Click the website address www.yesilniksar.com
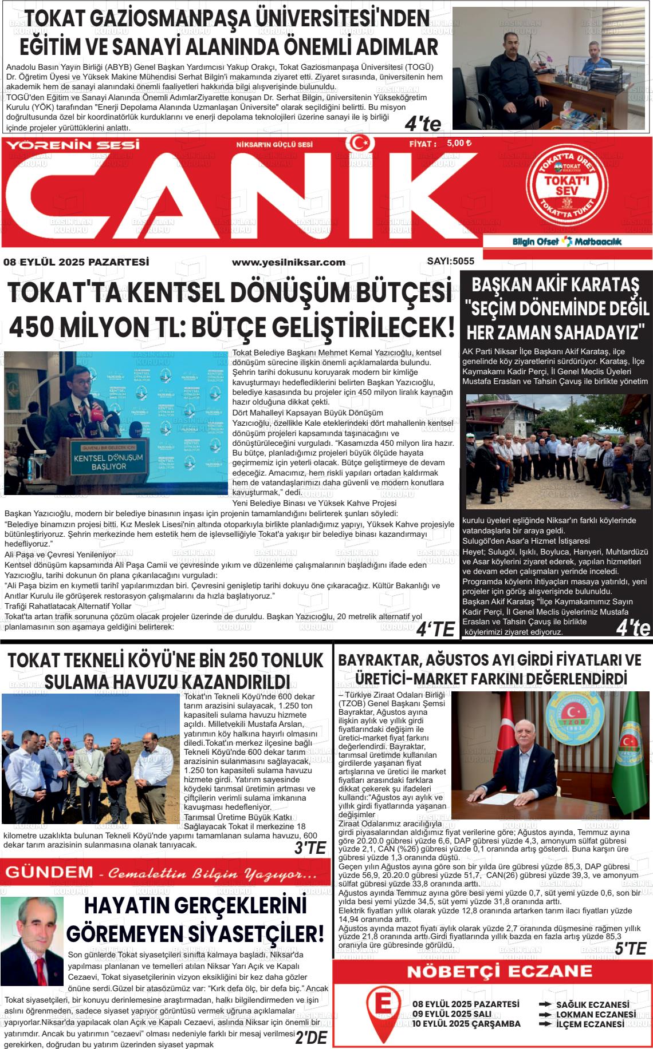(x=288, y=262)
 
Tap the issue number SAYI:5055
(x=450, y=261)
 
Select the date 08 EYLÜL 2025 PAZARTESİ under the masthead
(x=76, y=262)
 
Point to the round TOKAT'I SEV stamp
(x=567, y=185)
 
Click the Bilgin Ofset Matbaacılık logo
(x=567, y=242)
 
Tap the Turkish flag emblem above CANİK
(x=359, y=143)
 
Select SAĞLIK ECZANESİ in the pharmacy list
(x=592, y=1004)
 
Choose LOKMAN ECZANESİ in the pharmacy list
(x=596, y=1014)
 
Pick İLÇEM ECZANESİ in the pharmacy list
(x=590, y=1024)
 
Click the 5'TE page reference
(x=630, y=948)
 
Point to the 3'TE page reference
(x=310, y=848)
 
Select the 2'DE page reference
(x=311, y=1038)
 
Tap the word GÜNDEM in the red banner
(x=49, y=872)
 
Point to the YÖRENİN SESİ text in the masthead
(x=73, y=145)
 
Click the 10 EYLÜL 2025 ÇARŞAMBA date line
(x=466, y=1024)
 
